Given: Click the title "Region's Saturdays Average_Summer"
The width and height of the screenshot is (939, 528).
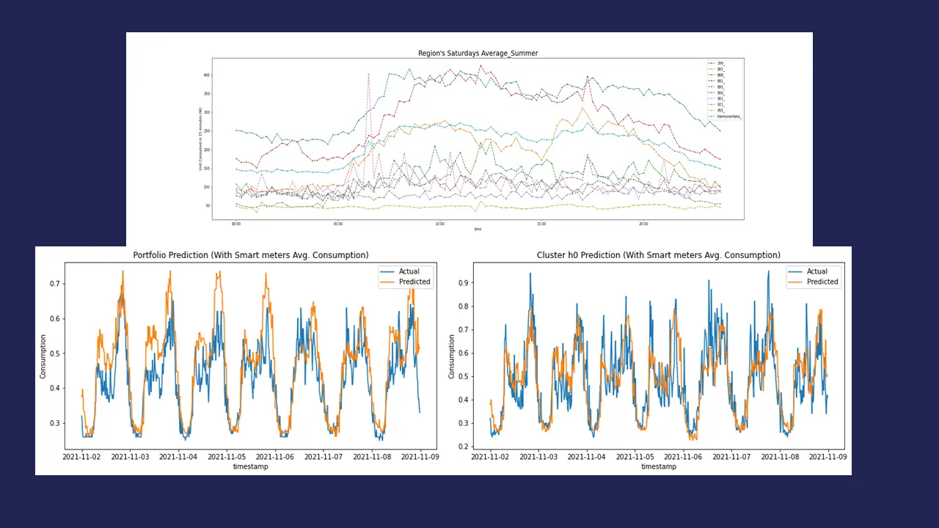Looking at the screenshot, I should (478, 54).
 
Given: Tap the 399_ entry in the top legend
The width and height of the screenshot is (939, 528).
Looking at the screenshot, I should (720, 64).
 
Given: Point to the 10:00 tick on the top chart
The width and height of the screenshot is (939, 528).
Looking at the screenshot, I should (439, 224).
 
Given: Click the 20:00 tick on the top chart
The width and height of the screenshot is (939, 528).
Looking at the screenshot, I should (643, 224).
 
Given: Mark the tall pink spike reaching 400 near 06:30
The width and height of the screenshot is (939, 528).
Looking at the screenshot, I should (368, 74).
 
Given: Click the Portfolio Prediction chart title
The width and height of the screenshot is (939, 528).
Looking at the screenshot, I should (251, 255).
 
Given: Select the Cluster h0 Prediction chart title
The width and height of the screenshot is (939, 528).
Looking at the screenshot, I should (659, 255).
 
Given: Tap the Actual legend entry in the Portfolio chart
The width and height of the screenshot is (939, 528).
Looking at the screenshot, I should (409, 271).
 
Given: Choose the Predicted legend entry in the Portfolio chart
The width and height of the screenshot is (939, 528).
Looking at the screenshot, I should (414, 282).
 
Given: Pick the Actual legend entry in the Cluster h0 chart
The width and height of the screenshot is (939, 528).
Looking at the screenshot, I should (816, 271).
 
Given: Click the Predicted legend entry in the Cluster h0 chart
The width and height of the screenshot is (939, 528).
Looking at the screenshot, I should (822, 282).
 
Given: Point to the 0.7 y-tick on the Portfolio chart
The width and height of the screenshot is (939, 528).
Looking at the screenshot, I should (55, 284).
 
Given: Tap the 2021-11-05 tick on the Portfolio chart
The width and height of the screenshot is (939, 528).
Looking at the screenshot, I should (226, 457).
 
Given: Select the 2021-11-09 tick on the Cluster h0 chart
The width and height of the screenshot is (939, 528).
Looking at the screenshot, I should (828, 457).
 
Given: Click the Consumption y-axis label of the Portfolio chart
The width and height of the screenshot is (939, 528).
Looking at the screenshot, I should (43, 356).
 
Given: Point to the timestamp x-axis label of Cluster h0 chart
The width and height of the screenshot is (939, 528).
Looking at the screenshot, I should (659, 466).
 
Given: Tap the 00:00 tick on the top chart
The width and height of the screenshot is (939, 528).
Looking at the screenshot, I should (236, 224).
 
